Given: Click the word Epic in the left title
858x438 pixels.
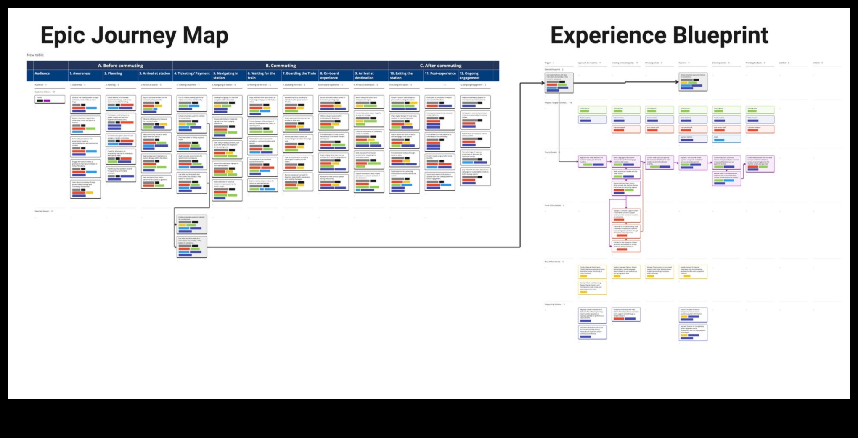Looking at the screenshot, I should [x=63, y=36].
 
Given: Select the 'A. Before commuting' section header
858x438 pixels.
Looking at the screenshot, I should [x=120, y=66].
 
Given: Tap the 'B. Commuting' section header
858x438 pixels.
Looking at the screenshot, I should [x=281, y=66].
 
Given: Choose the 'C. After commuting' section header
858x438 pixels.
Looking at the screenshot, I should [x=440, y=66].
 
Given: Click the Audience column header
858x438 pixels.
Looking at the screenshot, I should [x=42, y=73].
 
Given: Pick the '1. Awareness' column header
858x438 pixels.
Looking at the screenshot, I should [x=80, y=73].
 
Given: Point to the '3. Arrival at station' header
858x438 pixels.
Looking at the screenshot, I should [x=155, y=73].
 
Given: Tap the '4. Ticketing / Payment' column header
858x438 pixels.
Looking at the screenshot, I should [x=192, y=73].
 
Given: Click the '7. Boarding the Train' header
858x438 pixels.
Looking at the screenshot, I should [x=299, y=73].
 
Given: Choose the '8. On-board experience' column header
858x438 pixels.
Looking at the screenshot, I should [x=330, y=76].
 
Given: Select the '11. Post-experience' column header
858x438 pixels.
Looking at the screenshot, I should [x=440, y=73].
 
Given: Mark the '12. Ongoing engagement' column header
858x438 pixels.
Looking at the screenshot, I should [x=470, y=76].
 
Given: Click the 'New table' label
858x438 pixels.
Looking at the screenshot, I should [x=35, y=55].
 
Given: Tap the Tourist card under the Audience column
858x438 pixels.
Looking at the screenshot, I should [x=50, y=100].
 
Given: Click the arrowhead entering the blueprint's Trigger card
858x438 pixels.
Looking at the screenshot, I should [x=543, y=83].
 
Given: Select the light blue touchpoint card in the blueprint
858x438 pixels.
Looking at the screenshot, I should [x=726, y=139].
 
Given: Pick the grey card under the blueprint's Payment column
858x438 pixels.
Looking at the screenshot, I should [x=693, y=82].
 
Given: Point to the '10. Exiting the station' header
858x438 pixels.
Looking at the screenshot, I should [x=402, y=76].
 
